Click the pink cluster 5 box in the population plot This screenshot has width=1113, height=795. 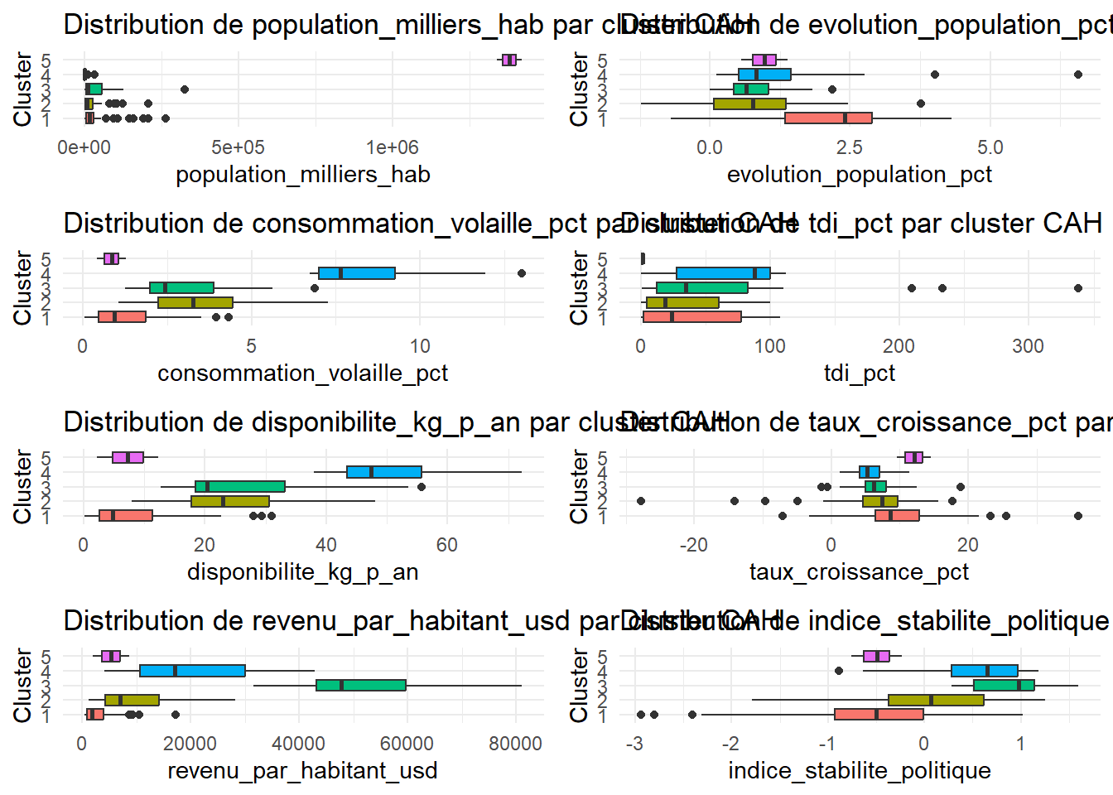(x=509, y=60)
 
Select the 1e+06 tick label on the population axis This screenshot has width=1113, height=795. (x=393, y=147)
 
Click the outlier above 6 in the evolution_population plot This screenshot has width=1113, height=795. (x=1078, y=75)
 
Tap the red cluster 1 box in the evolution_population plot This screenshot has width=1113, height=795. (x=828, y=118)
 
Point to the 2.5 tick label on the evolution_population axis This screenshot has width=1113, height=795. (x=849, y=147)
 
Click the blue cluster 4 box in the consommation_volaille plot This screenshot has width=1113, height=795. (x=357, y=273)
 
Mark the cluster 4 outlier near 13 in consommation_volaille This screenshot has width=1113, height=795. (x=522, y=273)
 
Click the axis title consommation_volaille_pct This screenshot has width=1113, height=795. (x=302, y=373)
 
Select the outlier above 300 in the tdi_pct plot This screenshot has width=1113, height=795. (x=1078, y=288)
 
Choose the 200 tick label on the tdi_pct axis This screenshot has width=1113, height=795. (x=899, y=346)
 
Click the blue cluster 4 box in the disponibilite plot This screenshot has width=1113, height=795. (x=384, y=472)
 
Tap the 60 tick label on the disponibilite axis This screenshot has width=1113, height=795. (x=446, y=545)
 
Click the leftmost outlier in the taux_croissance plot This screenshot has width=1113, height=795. (x=640, y=501)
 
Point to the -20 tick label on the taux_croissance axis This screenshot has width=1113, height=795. (x=693, y=545)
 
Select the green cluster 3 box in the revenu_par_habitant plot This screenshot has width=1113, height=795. (x=361, y=685)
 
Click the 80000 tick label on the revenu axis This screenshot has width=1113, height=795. (x=515, y=744)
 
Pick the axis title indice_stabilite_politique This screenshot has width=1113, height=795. (x=859, y=771)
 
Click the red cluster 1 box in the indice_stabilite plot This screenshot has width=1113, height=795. (x=879, y=714)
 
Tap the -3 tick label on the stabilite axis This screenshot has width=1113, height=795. (x=634, y=744)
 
